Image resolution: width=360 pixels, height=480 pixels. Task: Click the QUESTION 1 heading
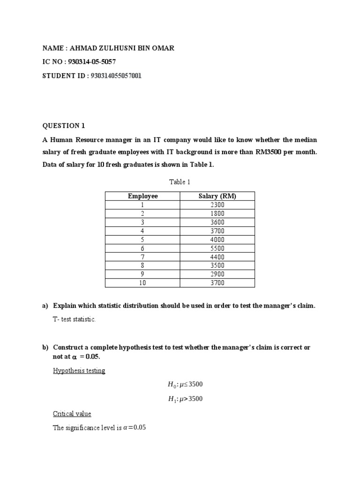coord(64,126)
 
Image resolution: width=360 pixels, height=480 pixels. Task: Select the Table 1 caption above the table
coord(180,182)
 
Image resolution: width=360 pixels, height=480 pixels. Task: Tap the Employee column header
coord(142,196)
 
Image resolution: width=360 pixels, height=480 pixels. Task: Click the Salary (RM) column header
coord(217,196)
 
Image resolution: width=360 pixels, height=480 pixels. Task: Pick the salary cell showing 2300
coord(217,205)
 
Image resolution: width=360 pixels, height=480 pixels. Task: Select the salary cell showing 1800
coord(217,213)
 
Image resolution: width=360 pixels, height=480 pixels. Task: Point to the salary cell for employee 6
coord(217,248)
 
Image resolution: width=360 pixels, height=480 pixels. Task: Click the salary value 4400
coord(217,257)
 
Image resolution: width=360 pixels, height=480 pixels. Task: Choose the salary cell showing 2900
coord(217,274)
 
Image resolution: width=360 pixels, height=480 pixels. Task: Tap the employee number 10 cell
coord(142,283)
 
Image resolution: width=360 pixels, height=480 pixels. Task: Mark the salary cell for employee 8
coord(217,265)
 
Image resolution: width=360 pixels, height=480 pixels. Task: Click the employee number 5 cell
coord(142,240)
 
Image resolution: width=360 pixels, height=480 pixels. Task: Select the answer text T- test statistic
coord(74,319)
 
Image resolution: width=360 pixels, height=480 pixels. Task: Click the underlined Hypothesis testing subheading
coord(79,371)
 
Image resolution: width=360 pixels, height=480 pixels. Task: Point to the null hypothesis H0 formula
coord(185,384)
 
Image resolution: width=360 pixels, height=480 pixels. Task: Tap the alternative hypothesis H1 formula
coord(185,399)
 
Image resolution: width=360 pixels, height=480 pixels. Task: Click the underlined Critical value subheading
coord(72,414)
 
